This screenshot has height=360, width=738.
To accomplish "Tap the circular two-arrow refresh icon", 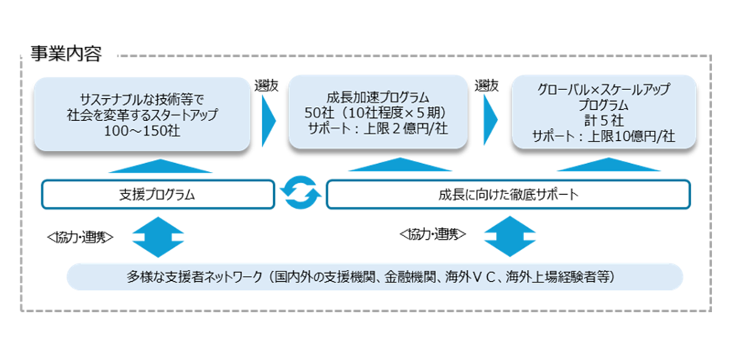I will click(x=300, y=194).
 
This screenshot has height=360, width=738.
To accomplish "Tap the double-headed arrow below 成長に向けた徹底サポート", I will click(x=508, y=236).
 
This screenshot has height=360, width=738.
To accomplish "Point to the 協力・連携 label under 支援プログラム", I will click(x=80, y=238).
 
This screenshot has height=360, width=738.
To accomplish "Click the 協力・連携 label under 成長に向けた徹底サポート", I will click(x=432, y=235).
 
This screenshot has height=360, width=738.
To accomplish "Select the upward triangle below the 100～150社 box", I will click(x=158, y=166).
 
